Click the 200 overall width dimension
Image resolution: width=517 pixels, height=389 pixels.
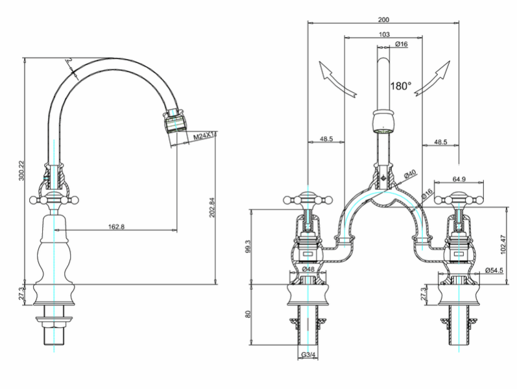383,20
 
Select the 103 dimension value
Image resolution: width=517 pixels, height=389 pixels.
384,34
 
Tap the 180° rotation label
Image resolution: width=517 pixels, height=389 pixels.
401,86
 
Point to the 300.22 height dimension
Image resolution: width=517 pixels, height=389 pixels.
21,171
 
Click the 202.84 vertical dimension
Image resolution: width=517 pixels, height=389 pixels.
211,207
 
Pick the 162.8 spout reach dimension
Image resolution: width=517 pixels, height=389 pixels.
116,227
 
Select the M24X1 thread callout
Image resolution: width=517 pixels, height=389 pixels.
204,136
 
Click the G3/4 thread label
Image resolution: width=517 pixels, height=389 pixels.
308,355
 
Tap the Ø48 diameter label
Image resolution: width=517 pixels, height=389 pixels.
308,269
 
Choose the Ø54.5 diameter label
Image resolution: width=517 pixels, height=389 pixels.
494,270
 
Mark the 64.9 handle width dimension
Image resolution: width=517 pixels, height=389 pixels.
459,179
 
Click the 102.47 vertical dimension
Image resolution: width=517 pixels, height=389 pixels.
503,244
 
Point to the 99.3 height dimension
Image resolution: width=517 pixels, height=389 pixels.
248,246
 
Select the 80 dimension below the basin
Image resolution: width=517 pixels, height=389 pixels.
248,314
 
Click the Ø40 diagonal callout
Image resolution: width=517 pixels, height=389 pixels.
410,174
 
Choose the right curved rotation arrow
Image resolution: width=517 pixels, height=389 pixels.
432,78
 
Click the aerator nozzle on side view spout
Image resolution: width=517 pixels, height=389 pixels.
174,121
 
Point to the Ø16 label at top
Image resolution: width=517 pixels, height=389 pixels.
402,44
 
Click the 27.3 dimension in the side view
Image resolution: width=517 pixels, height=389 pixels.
21,294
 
